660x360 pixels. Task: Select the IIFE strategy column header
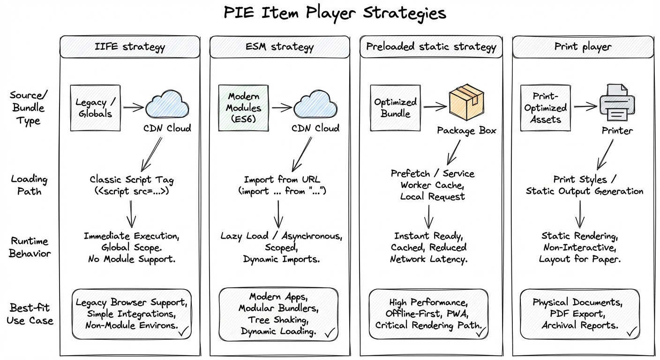130,47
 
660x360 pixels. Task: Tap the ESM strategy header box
279,47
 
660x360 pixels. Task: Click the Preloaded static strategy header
431,47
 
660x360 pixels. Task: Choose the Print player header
583,47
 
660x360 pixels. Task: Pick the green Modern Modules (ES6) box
244,108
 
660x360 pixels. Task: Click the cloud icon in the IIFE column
167,105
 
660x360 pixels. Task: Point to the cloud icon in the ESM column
315,105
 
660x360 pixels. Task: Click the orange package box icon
466,103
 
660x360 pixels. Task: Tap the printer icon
617,103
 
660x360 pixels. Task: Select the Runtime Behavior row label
29,247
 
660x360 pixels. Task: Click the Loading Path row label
29,185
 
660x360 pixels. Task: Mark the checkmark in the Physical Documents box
632,331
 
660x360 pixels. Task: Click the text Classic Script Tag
131,180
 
